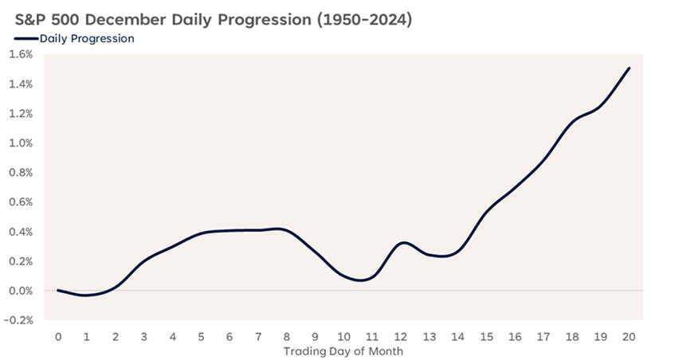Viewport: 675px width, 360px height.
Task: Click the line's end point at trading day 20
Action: click(630, 68)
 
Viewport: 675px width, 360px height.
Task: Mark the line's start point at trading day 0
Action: click(58, 290)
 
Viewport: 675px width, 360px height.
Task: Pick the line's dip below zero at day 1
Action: click(87, 295)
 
